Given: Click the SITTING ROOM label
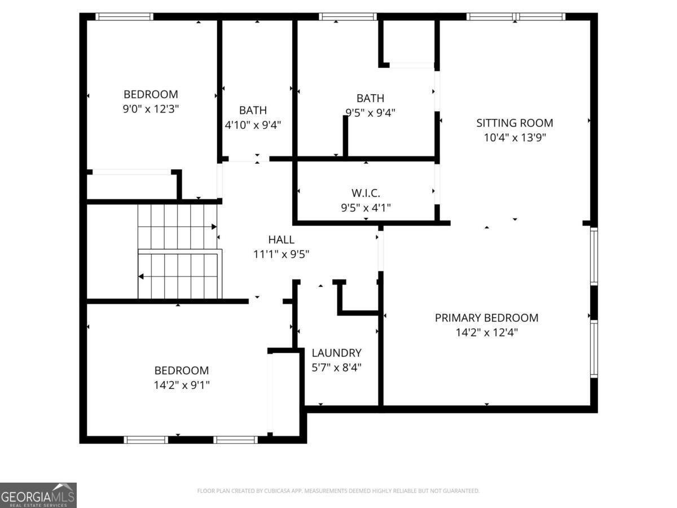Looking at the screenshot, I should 515,122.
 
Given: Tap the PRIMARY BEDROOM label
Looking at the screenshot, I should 486,318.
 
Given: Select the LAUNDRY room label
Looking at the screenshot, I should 336,353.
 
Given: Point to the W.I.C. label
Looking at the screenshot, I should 365,193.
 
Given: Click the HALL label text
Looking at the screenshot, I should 281,240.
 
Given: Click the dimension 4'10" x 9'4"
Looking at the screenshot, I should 253,125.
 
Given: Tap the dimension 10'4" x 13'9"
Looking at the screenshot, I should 515,137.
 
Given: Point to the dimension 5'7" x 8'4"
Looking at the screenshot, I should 336,367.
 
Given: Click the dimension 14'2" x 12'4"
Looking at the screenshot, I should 486,332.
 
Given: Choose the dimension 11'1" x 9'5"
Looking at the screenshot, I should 281,255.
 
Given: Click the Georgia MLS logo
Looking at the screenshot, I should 38,495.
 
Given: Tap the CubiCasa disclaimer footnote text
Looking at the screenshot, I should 338,491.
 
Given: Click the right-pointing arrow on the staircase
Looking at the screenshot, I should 214,227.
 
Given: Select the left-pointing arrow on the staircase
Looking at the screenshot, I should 141,276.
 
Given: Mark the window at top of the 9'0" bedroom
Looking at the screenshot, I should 124,17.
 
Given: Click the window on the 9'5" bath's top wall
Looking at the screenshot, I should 347,17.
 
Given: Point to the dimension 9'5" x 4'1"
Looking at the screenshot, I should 365,208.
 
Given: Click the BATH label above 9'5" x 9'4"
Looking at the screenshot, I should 370,98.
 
